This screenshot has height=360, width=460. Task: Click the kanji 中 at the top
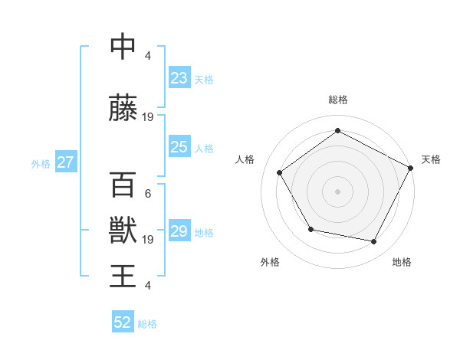123,47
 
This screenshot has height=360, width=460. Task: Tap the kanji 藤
123,108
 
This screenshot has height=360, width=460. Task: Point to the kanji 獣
123,230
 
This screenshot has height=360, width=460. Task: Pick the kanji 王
123,276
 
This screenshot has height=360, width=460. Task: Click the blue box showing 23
179,77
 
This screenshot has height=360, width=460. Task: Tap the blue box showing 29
179,231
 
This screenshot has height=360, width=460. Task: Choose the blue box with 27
65,162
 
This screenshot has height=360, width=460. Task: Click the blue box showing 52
123,322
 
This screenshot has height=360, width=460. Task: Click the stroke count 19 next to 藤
148,117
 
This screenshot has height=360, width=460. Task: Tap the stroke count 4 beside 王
148,286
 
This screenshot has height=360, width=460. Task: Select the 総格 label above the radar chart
337,100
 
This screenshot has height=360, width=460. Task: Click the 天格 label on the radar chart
431,159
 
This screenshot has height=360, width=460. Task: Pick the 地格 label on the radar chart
402,263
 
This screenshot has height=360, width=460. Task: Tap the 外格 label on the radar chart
270,263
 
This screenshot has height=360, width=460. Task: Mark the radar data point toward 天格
411,168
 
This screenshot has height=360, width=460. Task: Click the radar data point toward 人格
279,173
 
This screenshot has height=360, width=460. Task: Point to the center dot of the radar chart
337,191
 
